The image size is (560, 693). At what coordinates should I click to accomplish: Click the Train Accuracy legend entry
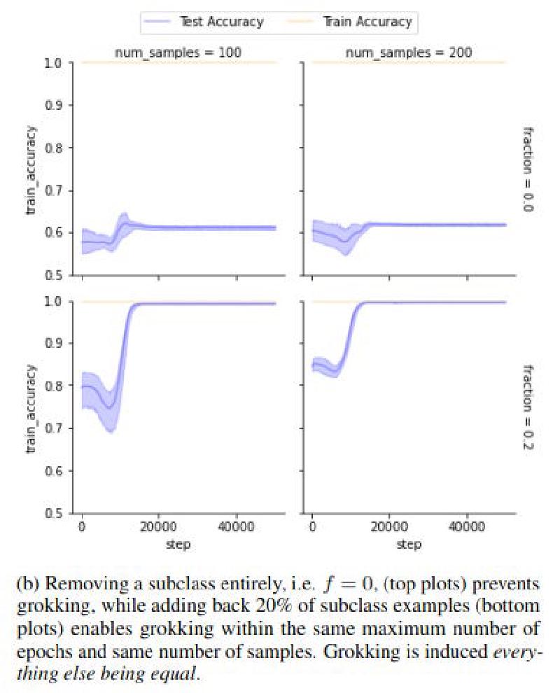(x=350, y=22)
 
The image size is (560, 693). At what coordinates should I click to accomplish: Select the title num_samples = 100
(x=178, y=52)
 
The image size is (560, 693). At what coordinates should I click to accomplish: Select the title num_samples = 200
(x=409, y=52)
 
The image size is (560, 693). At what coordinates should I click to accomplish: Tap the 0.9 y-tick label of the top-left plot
(x=53, y=105)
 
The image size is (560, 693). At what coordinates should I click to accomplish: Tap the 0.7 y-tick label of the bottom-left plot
(x=53, y=428)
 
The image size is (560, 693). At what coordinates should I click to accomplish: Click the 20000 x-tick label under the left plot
(x=158, y=526)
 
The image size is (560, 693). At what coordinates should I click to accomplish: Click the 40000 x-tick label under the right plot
(x=467, y=526)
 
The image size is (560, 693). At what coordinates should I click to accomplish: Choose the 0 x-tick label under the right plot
(x=312, y=526)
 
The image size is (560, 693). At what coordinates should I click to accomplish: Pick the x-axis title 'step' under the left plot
(x=178, y=544)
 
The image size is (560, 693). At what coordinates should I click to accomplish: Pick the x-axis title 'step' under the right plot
(x=409, y=544)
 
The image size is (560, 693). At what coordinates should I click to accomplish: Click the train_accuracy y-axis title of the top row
(x=30, y=170)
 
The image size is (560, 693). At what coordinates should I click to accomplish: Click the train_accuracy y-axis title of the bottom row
(x=30, y=409)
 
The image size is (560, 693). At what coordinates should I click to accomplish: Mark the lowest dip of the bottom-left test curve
(x=110, y=407)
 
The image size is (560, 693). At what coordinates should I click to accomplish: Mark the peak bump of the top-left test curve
(x=125, y=223)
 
